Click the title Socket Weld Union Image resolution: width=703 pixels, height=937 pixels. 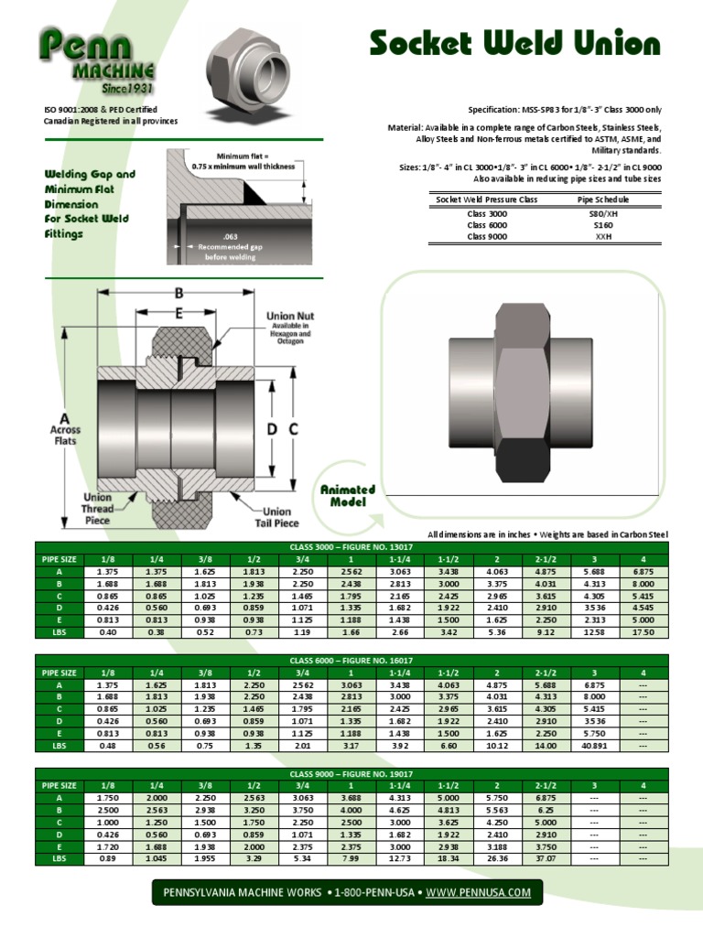point(514,43)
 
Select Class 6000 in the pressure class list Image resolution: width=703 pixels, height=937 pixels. point(487,224)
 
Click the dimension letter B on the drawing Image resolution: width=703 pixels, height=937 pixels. point(180,294)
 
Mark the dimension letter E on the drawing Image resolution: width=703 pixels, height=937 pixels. point(180,313)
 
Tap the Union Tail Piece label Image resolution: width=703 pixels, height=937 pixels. point(276,517)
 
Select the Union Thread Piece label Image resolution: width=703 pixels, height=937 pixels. point(98,509)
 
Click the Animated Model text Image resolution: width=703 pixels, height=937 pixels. point(347,495)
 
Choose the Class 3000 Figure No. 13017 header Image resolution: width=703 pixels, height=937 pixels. point(351,546)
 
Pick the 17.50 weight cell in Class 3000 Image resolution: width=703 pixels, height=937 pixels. point(643,630)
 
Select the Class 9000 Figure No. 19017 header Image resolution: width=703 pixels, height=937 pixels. point(351,773)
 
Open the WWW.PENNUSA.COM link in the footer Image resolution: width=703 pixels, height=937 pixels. point(478,891)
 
